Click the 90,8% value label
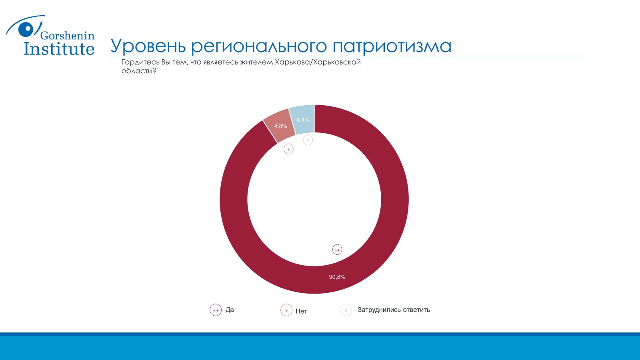tap(337, 277)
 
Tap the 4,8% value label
tap(280, 126)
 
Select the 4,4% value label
tap(303, 120)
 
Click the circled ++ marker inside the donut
tap(337, 250)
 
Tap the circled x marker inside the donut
tap(308, 140)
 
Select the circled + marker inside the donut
tap(288, 149)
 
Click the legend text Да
tap(230, 310)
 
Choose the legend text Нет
tap(301, 311)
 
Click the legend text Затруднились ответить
tap(394, 310)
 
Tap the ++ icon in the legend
tap(216, 310)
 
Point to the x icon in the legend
tap(346, 310)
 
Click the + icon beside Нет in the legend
tap(286, 310)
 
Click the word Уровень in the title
tap(148, 46)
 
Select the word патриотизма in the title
tap(392, 46)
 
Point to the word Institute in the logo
tap(59, 48)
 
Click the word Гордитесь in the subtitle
tap(140, 62)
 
